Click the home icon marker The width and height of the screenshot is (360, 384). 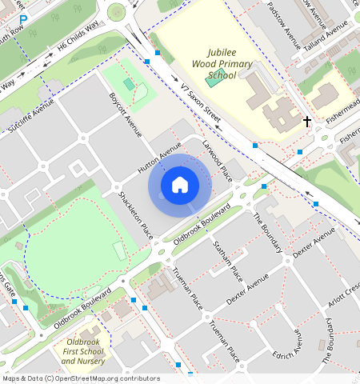coord(180,186)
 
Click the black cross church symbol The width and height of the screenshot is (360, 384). coord(307,122)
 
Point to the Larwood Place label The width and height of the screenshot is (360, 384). coord(217,159)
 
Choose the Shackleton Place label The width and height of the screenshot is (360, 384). coord(135,215)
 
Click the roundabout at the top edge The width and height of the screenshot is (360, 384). coord(118,10)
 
